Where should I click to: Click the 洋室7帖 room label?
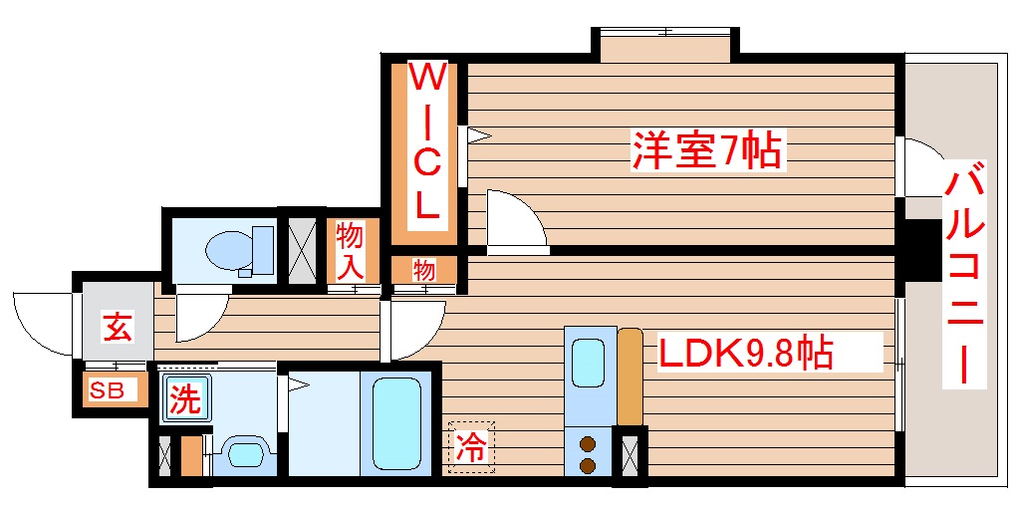704,151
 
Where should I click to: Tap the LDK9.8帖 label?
742,353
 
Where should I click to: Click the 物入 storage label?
351,251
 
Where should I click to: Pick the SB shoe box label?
108,390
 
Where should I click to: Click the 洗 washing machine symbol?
183,399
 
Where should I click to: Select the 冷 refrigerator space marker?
470,445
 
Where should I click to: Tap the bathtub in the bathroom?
396,422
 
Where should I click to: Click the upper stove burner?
588,444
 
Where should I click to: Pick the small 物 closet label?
424,270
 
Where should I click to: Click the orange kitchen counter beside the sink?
630,376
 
